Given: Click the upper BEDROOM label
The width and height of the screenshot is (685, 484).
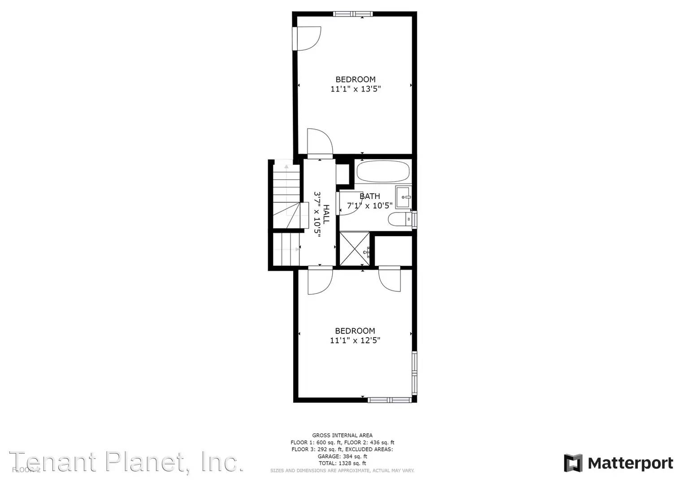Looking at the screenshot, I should (356, 79).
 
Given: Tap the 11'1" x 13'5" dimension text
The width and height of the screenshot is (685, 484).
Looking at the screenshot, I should (356, 89).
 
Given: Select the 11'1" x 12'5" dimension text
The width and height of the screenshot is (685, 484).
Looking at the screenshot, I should (355, 340).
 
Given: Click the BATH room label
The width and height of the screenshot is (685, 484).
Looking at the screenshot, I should (370, 196).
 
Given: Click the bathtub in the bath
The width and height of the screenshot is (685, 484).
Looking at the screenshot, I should (383, 171).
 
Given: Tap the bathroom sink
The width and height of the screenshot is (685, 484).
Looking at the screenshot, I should (403, 197).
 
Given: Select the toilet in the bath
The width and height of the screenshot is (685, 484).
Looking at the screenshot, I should (398, 220).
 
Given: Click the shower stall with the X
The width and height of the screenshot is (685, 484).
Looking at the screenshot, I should (354, 249).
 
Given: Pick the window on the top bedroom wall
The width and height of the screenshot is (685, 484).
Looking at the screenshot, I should (353, 14).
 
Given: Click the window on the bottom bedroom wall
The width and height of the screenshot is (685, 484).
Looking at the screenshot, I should (390, 400).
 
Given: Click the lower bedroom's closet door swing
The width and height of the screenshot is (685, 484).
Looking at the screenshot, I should (389, 280).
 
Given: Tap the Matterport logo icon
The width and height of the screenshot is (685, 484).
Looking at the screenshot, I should (573, 463).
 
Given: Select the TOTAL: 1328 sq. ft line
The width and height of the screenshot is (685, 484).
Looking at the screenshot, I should (342, 463).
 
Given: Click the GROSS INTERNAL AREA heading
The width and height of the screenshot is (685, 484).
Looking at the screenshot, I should (342, 435).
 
